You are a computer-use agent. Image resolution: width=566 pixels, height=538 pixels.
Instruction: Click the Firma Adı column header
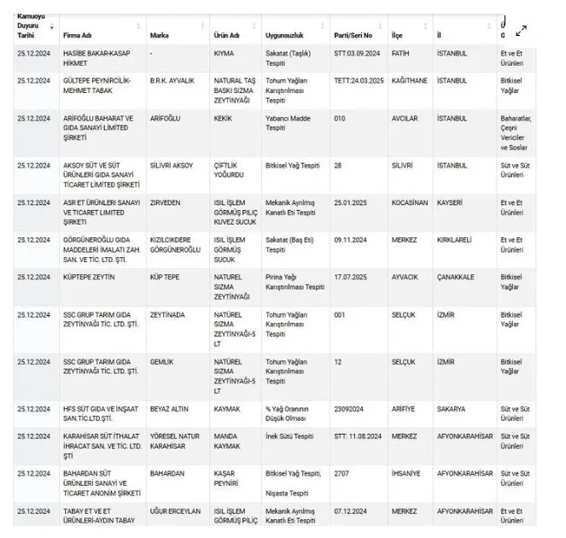pos(77,35)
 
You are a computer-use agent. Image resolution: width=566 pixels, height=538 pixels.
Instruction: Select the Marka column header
pos(159,35)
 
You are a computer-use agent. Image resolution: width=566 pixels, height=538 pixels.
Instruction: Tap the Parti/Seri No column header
pos(353,35)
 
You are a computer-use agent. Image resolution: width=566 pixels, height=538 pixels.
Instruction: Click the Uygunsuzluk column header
pos(285,35)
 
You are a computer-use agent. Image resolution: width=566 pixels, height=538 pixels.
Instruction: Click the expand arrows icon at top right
pos(521,31)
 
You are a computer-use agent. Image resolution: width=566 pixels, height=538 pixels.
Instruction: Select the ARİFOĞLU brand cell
pos(168,118)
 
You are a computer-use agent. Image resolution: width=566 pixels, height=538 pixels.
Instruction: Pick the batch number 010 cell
pos(340,118)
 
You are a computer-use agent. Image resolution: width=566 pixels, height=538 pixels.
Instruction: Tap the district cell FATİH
pos(400,53)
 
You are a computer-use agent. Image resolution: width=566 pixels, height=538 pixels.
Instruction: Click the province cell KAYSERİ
pos(450,202)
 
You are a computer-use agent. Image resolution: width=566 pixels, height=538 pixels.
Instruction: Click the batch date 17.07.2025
pos(351,277)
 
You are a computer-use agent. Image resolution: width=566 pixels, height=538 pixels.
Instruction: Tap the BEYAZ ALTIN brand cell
pos(171,408)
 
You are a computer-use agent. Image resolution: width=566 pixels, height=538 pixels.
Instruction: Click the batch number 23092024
pos(350,408)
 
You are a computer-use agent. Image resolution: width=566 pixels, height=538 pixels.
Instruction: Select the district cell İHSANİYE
pos(407,472)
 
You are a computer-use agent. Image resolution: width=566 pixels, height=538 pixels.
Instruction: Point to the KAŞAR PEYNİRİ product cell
pos(228,477)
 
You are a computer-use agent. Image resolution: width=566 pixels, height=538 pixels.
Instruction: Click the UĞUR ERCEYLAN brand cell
pos(175,511)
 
